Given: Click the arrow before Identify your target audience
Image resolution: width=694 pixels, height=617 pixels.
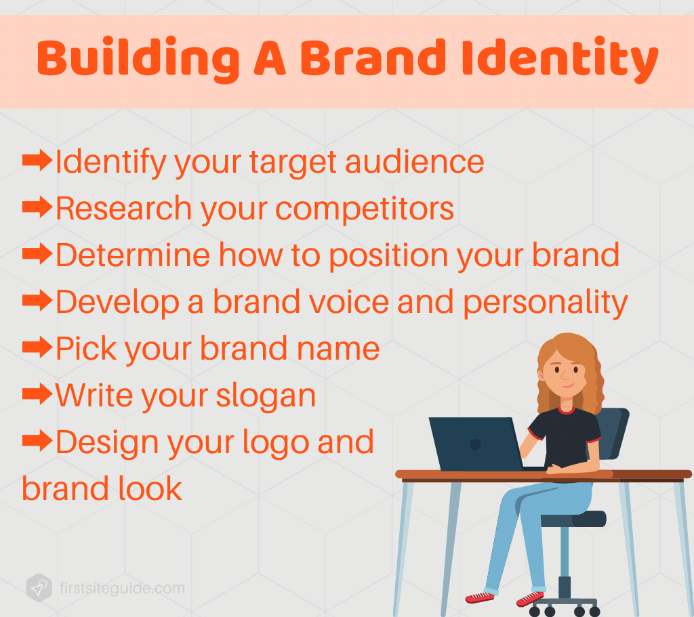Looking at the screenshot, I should pyautogui.click(x=37, y=161).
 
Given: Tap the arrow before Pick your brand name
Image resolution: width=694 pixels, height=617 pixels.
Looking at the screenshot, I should pyautogui.click(x=37, y=348).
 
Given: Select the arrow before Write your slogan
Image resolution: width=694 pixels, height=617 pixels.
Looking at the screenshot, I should pyautogui.click(x=37, y=395).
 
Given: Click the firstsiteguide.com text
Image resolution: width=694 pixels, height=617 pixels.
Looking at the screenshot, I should pyautogui.click(x=121, y=588).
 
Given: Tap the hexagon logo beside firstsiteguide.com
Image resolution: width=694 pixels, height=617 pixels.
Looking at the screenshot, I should pyautogui.click(x=39, y=587).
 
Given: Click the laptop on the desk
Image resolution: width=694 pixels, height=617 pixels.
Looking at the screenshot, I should pyautogui.click(x=474, y=444).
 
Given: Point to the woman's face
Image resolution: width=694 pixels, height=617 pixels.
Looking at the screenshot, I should pyautogui.click(x=565, y=373).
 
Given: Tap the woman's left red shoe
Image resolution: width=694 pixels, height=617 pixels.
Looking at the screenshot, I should pyautogui.click(x=480, y=597).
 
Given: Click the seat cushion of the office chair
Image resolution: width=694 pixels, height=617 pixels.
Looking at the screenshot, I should pyautogui.click(x=573, y=519).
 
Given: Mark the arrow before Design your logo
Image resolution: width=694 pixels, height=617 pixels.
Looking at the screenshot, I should pyautogui.click(x=37, y=442).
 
